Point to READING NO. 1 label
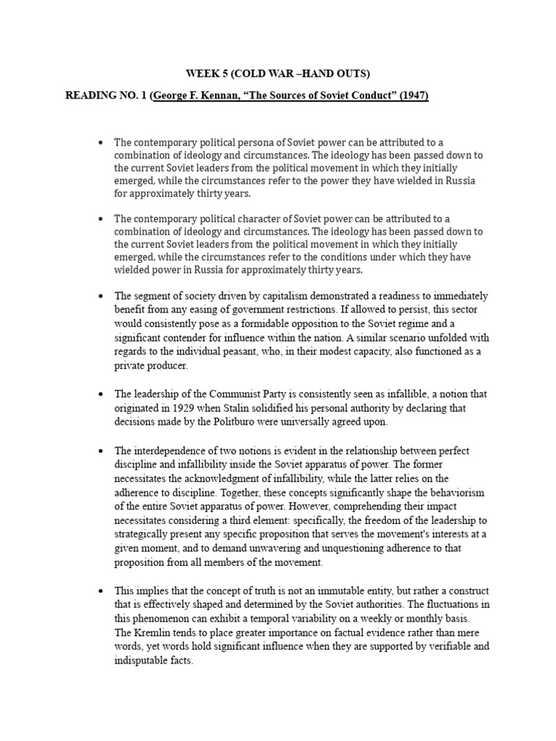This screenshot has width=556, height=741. point(105,96)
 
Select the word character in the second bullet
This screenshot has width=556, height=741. point(269,219)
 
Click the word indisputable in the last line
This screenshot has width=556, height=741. point(148,661)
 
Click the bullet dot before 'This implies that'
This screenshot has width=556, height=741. point(100,591)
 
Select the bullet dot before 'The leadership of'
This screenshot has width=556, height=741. point(100,394)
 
